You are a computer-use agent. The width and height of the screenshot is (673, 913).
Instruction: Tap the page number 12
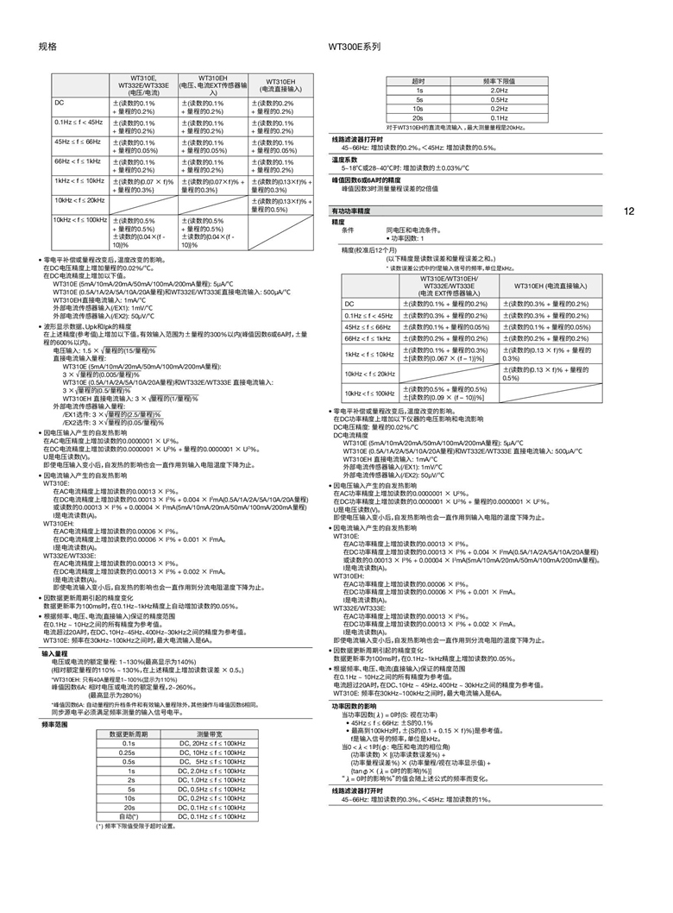tap(628, 211)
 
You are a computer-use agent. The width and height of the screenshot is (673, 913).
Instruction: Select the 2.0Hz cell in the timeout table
tap(499, 90)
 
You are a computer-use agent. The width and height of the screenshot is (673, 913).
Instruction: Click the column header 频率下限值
tap(499, 80)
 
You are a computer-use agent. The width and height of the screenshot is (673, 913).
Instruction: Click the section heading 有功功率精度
tap(351, 211)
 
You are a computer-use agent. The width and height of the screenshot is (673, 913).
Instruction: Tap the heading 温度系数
tap(344, 160)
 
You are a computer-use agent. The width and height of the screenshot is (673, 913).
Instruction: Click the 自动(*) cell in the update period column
tap(129, 815)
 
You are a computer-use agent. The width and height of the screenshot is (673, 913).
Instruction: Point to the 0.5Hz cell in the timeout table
tap(499, 99)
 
